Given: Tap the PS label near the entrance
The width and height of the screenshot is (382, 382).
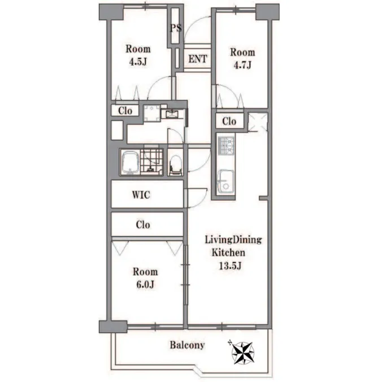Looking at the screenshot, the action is point(176,28).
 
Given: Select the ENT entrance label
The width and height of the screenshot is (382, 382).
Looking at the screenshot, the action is point(198,59).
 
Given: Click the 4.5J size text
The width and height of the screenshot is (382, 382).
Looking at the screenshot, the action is point(138,62).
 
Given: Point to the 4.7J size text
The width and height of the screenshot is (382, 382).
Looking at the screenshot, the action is point(242,66).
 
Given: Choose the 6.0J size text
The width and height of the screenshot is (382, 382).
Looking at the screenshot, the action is point(145,285).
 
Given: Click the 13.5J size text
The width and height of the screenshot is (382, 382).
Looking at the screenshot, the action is point(230,266).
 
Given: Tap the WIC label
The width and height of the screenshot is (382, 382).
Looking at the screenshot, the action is point(141,195).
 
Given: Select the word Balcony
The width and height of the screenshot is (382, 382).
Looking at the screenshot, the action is point(187,345).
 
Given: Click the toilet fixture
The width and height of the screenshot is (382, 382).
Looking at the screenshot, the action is point(175,164).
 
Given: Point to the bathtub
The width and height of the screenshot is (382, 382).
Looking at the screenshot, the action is point(130,162).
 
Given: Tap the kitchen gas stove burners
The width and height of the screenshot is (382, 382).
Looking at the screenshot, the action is point(227,146).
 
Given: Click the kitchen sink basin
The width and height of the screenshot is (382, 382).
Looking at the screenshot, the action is point(226,181).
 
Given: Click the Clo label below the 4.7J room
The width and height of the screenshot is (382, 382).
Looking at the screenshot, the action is point(229,121).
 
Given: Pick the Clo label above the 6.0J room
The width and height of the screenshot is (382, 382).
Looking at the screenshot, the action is point(143,224).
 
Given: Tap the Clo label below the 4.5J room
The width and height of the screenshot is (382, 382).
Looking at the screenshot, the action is point(125,111).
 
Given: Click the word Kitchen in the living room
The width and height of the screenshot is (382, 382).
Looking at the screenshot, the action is point(228,253).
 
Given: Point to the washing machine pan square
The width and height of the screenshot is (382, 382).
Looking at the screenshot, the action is point(152,113).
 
